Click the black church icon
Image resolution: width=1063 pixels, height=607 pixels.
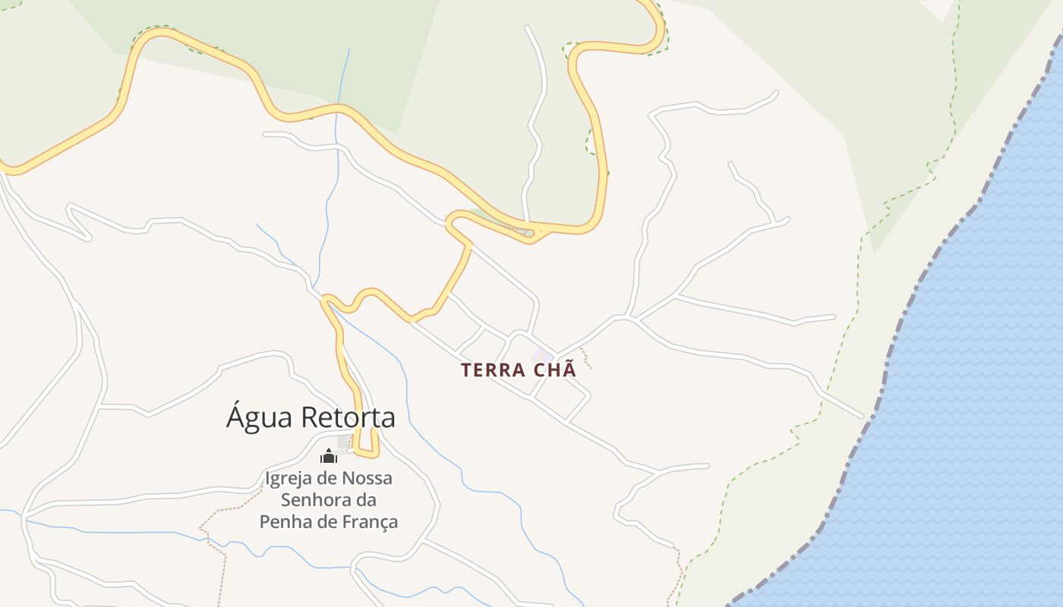click(328, 456)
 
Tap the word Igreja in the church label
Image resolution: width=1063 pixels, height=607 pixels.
click(288, 479)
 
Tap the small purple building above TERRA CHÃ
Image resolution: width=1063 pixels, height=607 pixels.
click(542, 355)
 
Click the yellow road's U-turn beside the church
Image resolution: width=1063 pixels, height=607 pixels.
click(367, 454)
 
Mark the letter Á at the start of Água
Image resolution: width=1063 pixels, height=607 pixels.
click(235, 417)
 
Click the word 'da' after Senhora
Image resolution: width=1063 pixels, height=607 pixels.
click(367, 501)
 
